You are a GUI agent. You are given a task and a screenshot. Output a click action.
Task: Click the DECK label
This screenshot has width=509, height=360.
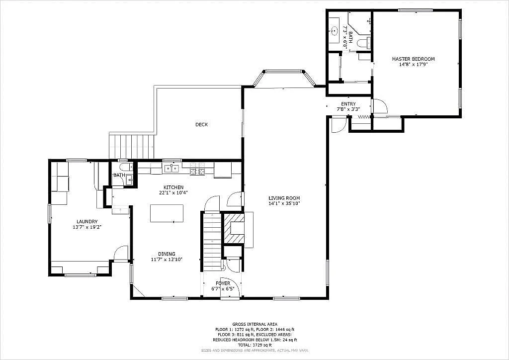pyautogui.click(x=201, y=124)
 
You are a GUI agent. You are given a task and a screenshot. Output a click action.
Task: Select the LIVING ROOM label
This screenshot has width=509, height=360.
pyautogui.click(x=284, y=198)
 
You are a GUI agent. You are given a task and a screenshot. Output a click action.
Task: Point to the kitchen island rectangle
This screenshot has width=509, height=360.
pyautogui.click(x=167, y=213)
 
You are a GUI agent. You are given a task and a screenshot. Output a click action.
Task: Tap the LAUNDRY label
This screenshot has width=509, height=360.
pyautogui.click(x=86, y=222)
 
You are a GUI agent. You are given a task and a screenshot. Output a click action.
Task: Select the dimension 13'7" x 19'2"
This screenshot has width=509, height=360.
pyautogui.click(x=86, y=227)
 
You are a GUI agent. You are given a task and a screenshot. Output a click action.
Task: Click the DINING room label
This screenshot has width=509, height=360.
pyautogui.click(x=167, y=254)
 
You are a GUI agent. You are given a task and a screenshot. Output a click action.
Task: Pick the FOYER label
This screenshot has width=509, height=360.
pyautogui.click(x=223, y=283)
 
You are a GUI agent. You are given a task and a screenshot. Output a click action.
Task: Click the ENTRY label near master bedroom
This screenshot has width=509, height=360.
pyautogui.click(x=348, y=104)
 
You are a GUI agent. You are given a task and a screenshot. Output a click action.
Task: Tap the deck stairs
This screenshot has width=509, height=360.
pyautogui.click(x=131, y=146)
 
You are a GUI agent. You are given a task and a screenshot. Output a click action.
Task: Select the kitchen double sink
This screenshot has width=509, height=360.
pyautogui.click(x=171, y=169)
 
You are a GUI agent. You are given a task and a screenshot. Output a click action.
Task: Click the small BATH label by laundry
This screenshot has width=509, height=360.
pyautogui.click(x=119, y=175)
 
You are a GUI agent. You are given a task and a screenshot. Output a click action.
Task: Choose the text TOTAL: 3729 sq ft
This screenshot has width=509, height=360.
pyautogui.click(x=254, y=345)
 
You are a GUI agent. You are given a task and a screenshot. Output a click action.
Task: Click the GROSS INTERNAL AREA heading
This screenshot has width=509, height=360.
pyautogui.click(x=254, y=324)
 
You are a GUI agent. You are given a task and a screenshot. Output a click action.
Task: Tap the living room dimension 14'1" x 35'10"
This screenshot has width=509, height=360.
pyautogui.click(x=284, y=203)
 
